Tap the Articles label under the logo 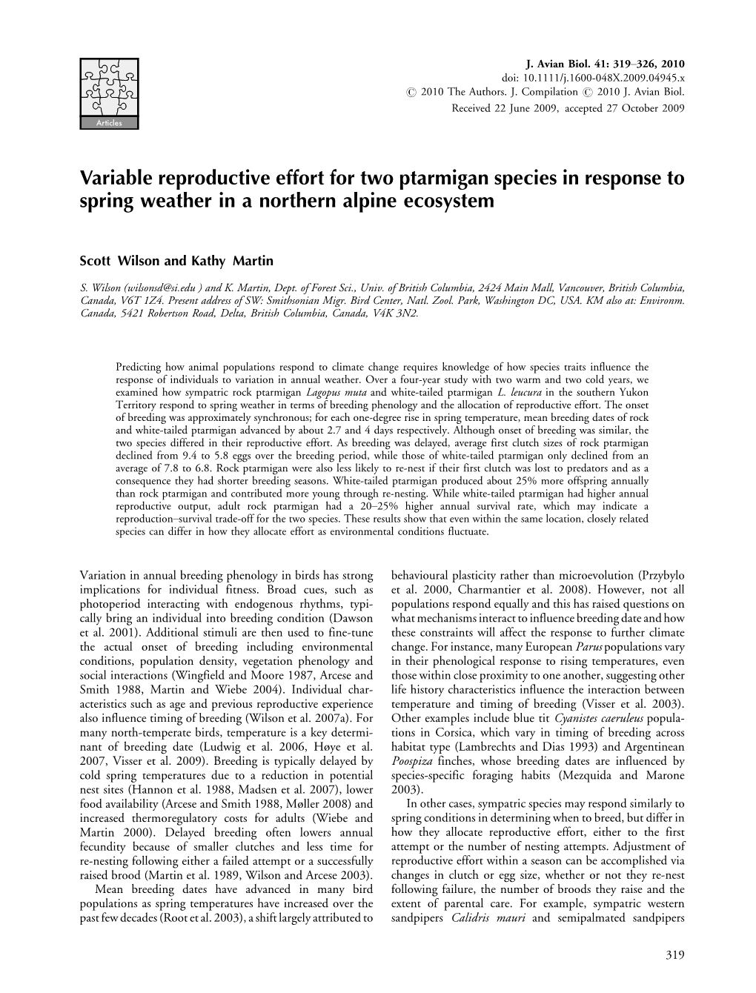(x=109, y=123)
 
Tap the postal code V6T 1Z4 (x=138, y=302)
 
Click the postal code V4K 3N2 (x=398, y=313)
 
